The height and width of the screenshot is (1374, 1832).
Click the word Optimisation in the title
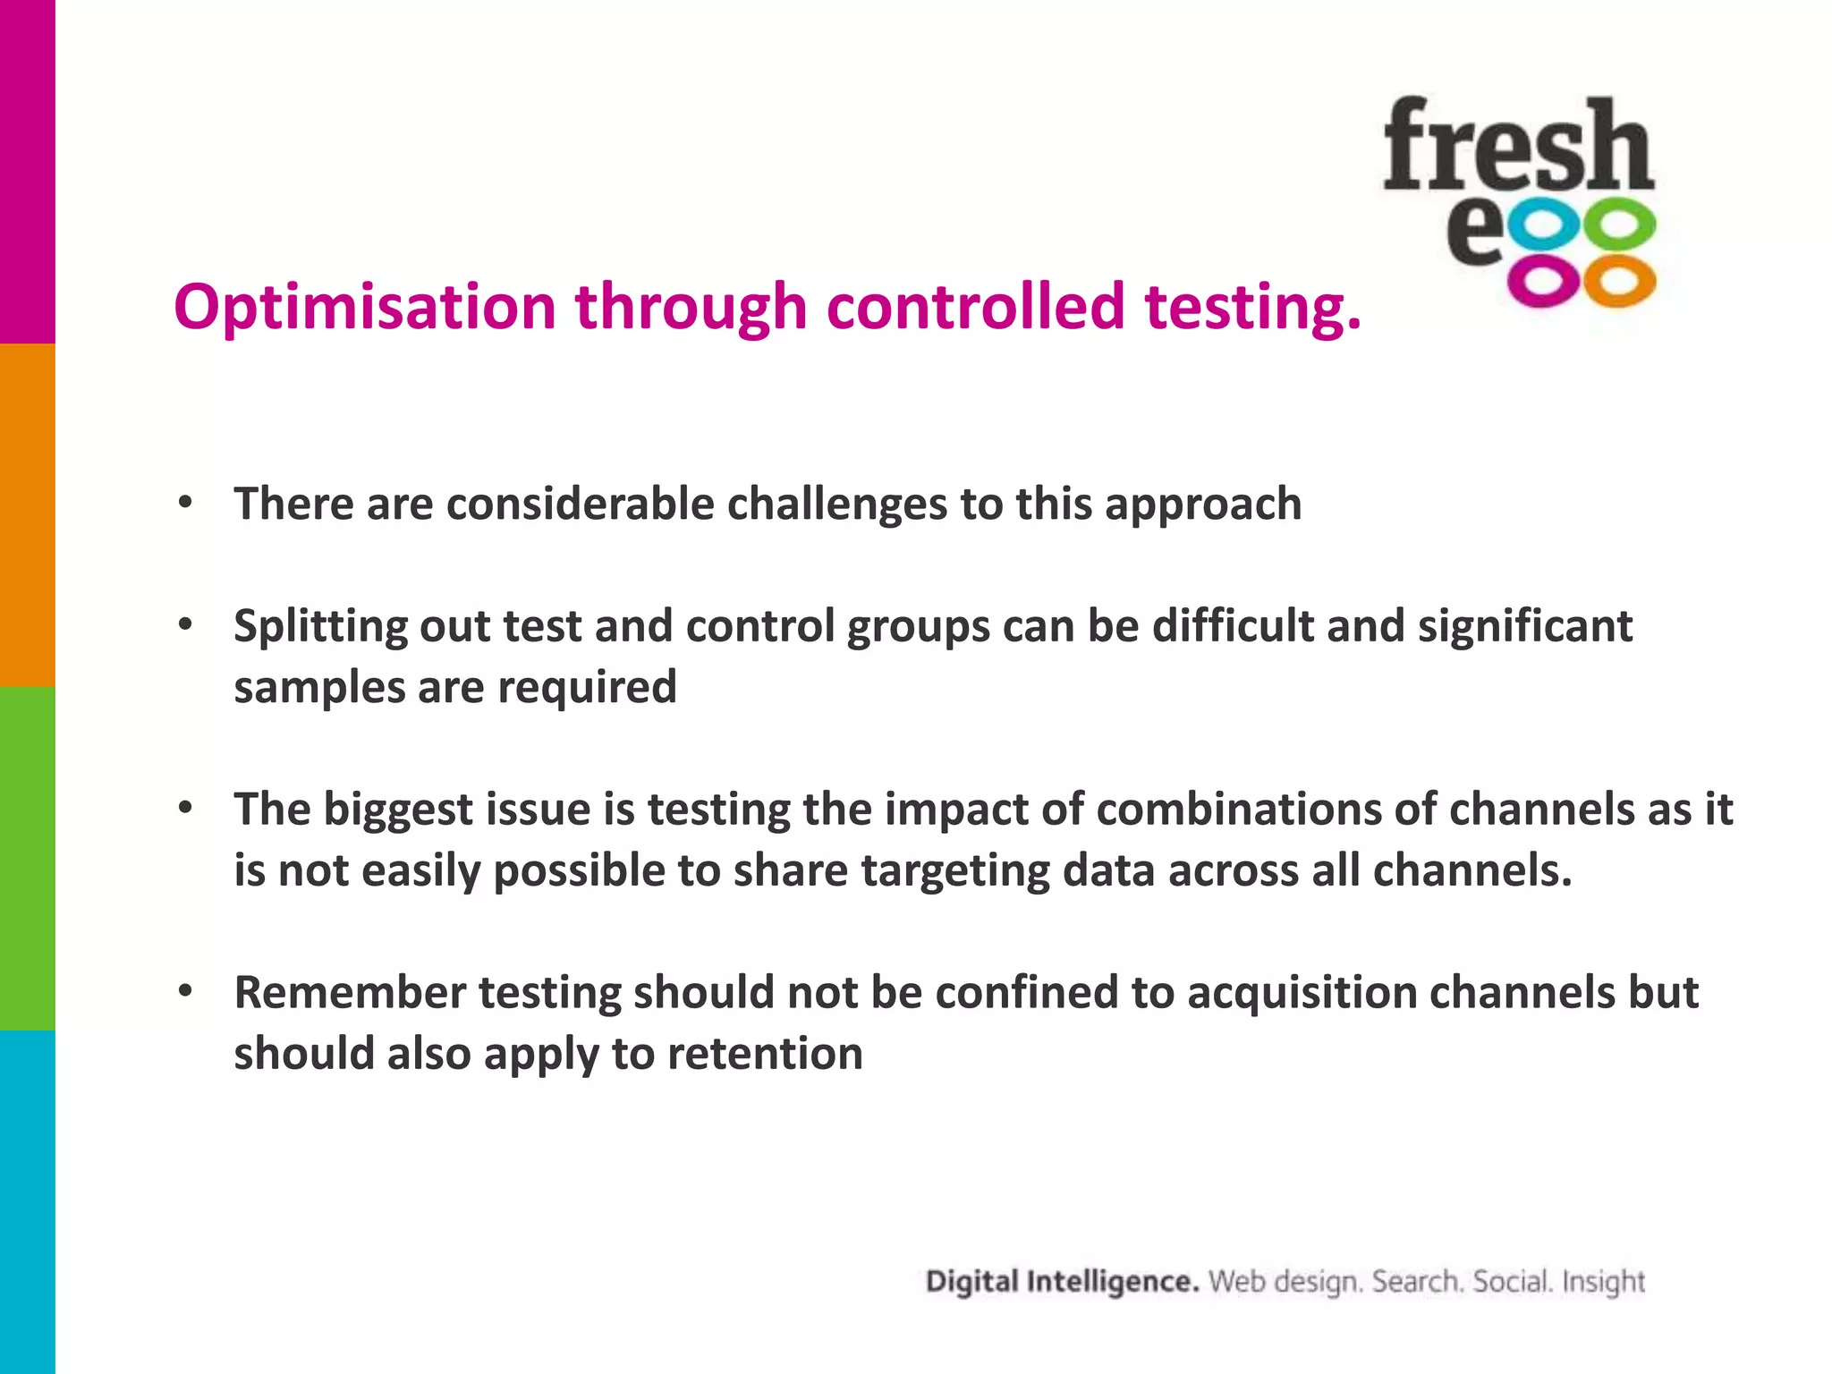click(365, 307)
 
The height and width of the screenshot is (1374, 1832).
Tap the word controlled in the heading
click(975, 307)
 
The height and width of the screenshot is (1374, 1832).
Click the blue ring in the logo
click(1545, 227)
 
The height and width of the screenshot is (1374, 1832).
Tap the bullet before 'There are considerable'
click(185, 503)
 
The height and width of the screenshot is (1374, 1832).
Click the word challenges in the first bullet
click(836, 504)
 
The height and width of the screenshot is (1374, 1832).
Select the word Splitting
click(319, 626)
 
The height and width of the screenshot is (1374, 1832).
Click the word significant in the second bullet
click(1524, 626)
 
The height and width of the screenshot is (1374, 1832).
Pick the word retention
click(765, 1054)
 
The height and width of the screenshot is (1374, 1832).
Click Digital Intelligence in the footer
click(1062, 1282)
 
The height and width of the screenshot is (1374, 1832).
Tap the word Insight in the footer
click(1603, 1282)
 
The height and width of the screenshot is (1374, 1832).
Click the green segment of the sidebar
click(27, 859)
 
